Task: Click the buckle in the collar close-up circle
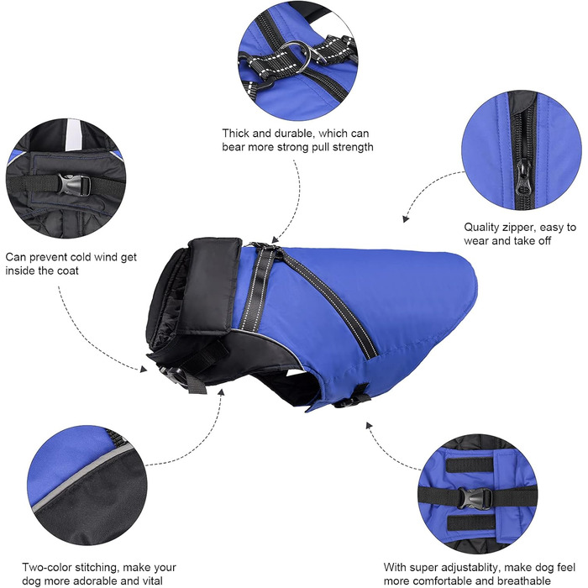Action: tap(74, 185)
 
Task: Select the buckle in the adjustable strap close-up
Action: tap(475, 499)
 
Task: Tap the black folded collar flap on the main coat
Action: tap(210, 285)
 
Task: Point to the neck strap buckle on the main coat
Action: tap(173, 375)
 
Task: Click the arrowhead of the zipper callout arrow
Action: tap(406, 218)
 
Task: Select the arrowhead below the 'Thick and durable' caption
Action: tap(275, 239)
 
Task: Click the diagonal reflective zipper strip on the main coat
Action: tap(329, 299)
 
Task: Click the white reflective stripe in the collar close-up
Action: tap(73, 134)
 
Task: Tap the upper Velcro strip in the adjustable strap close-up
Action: tap(470, 465)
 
